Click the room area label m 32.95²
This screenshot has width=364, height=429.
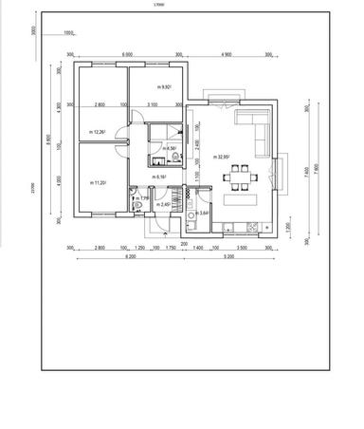[x=225, y=157]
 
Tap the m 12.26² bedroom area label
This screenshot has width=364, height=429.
[x=98, y=132]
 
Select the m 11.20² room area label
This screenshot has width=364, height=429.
[x=98, y=182]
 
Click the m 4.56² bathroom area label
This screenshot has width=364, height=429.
[x=171, y=148]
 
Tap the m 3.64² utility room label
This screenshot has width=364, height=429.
[x=204, y=214]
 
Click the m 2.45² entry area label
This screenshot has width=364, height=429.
[x=163, y=204]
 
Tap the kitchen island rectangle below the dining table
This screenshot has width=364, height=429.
[x=238, y=201]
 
